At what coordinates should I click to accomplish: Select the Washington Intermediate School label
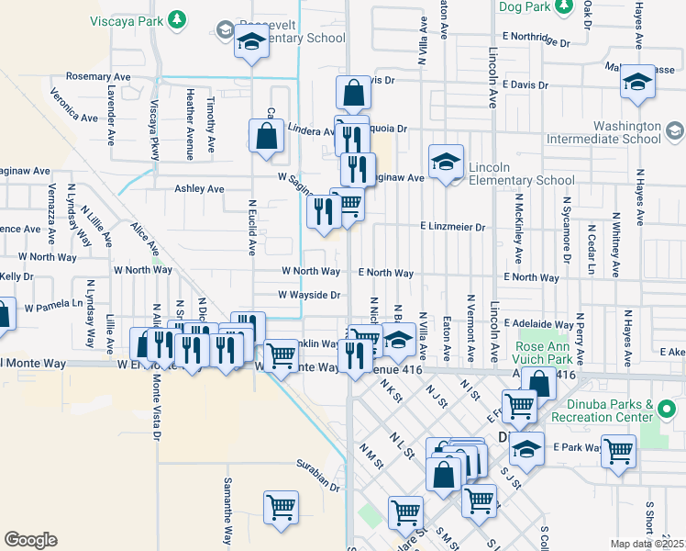click(614, 132)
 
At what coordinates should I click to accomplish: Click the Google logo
click(30, 540)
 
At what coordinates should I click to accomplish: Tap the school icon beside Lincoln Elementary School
click(446, 163)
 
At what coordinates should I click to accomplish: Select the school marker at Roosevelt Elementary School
click(250, 41)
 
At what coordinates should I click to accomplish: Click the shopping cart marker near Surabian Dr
click(281, 507)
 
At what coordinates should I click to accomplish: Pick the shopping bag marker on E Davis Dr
click(353, 93)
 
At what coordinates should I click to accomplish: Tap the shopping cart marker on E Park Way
click(618, 451)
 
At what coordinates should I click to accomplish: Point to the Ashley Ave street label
click(199, 189)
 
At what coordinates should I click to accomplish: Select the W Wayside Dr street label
click(310, 296)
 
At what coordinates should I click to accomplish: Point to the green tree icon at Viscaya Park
click(181, 17)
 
